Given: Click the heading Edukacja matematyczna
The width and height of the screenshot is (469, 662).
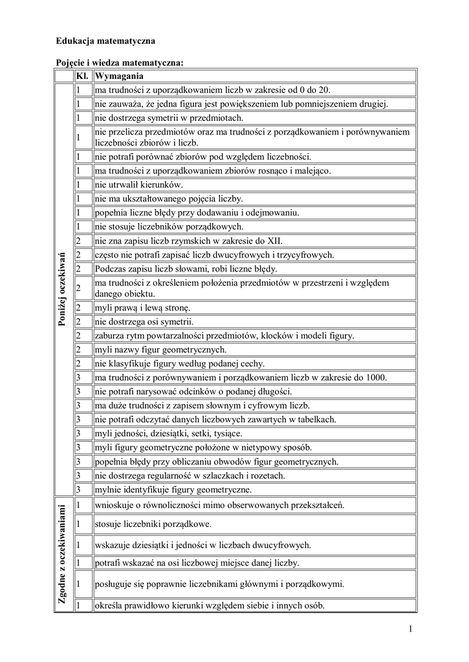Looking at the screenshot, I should click(x=105, y=41).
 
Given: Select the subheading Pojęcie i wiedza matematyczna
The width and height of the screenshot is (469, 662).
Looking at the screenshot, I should click(x=120, y=63).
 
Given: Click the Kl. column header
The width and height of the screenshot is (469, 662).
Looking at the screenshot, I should click(x=82, y=76).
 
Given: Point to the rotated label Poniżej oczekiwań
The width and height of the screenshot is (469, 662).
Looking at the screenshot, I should click(x=63, y=289).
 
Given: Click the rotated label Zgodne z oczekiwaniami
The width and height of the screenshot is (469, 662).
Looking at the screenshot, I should click(x=63, y=555).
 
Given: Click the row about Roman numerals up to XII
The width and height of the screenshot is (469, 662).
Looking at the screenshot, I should click(x=180, y=240).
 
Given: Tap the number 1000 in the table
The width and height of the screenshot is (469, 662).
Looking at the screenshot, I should click(x=376, y=378).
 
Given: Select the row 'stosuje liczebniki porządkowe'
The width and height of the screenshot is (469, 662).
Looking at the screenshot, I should click(x=153, y=524).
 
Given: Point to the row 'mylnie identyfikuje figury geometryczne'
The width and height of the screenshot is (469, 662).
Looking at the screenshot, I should click(x=173, y=489).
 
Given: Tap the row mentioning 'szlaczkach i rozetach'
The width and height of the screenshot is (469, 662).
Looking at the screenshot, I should click(x=189, y=476).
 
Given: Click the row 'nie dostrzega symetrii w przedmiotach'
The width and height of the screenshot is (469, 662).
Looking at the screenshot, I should click(x=168, y=118).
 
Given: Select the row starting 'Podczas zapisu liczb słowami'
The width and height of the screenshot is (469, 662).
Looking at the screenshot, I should click(x=186, y=268).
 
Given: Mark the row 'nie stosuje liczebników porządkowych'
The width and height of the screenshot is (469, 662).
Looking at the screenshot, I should click(x=168, y=226).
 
